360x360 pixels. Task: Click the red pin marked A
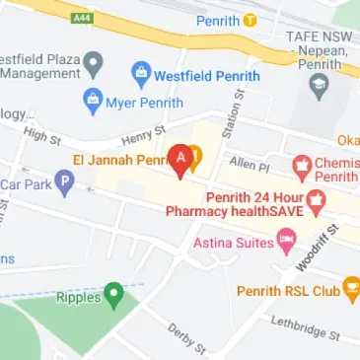click(x=181, y=159)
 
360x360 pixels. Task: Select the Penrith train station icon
click(x=252, y=19)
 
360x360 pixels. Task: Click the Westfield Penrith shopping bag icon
click(x=141, y=74)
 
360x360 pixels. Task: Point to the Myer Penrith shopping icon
click(x=94, y=99)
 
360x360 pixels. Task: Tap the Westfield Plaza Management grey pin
click(x=94, y=65)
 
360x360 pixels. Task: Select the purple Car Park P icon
click(x=64, y=180)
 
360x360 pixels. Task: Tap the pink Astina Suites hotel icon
click(x=286, y=238)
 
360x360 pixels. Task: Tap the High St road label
click(x=41, y=134)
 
